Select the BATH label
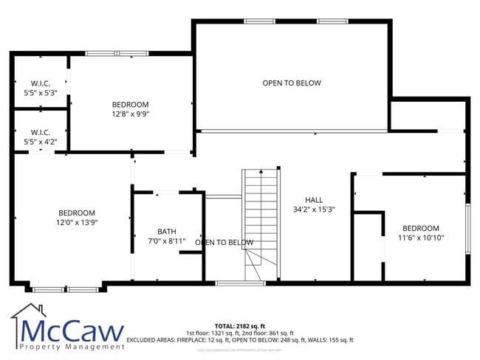click(x=167, y=231)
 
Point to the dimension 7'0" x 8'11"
click(x=167, y=241)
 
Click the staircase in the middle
click(x=261, y=221)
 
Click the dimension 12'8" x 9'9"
click(x=130, y=114)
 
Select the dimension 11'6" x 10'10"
click(x=421, y=238)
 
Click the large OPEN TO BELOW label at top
click(x=292, y=83)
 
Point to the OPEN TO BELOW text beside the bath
click(x=224, y=242)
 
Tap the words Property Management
click(x=72, y=346)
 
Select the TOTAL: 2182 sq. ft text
click(x=239, y=325)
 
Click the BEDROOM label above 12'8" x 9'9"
click(x=130, y=105)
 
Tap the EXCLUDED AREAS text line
click(x=239, y=340)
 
